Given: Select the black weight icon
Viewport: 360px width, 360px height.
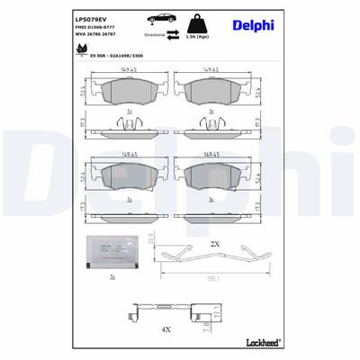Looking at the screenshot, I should pos(195,21).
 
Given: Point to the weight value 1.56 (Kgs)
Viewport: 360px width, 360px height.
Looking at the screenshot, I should pos(196,38).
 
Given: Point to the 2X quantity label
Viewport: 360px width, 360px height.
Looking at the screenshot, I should pos(215,244).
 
